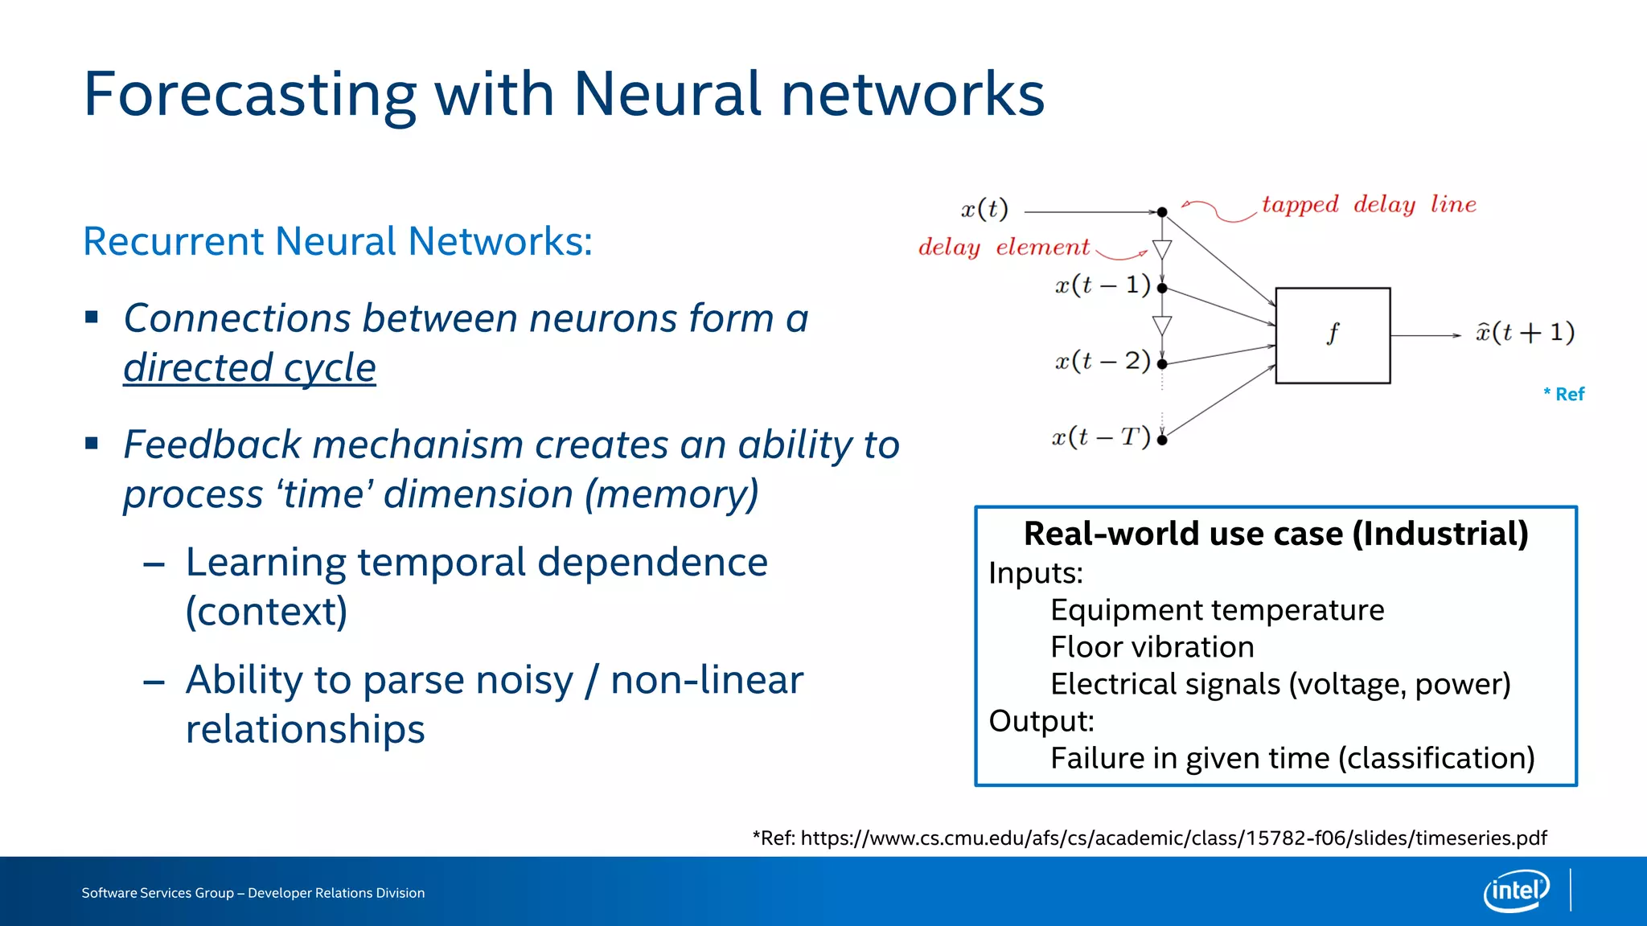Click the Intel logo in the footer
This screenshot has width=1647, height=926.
[x=1516, y=891]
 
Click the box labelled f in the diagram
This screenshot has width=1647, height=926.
[x=1333, y=335]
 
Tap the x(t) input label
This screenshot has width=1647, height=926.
[x=984, y=210]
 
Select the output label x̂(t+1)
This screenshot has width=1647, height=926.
[x=1525, y=332]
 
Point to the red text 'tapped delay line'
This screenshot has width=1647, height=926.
[x=1369, y=204]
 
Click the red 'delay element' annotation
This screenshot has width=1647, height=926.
[x=1004, y=247]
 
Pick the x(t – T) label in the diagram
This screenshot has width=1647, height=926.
[x=1101, y=437]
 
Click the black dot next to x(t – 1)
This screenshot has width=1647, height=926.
[x=1162, y=288]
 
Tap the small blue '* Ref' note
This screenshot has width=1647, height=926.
[x=1563, y=394]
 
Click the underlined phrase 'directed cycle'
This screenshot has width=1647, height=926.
[x=249, y=368]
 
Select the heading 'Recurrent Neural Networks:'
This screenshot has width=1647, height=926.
[x=338, y=241]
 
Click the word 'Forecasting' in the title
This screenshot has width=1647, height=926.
[x=249, y=95]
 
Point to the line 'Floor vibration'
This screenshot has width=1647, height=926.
[x=1152, y=647]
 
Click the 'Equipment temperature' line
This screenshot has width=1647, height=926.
[x=1217, y=610]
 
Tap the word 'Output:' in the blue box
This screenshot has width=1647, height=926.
[x=1041, y=721]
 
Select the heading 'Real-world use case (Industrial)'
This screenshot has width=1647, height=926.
[x=1275, y=534]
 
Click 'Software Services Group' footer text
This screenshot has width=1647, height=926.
[x=158, y=893]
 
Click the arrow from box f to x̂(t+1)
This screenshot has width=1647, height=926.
[x=1425, y=335]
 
